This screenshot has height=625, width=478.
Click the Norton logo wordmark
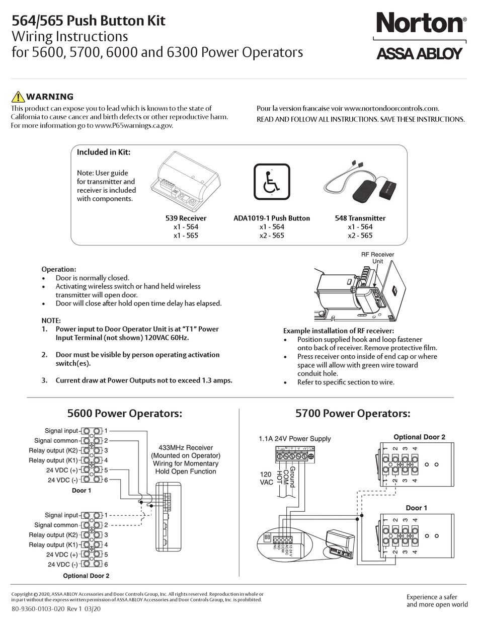point(420,24)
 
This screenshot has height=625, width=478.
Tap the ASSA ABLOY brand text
point(419,53)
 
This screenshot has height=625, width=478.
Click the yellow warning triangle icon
point(18,97)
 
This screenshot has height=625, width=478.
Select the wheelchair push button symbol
point(272,182)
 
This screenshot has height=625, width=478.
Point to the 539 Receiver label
point(186,218)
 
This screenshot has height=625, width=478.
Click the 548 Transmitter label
point(360,218)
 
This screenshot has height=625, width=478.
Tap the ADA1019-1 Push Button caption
point(272,218)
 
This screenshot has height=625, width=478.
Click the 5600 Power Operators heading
point(124,414)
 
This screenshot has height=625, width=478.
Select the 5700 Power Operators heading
point(353,414)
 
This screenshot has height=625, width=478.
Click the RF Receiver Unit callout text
point(377,258)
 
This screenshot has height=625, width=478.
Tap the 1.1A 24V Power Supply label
point(295,439)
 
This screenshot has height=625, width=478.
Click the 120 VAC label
point(266,478)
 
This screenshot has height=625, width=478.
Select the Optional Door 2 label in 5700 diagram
point(419,437)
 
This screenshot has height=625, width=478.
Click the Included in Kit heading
point(103,152)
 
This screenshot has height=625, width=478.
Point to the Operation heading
point(58,269)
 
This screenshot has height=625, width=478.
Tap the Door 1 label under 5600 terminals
point(82,490)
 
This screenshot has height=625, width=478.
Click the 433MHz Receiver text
point(186,447)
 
